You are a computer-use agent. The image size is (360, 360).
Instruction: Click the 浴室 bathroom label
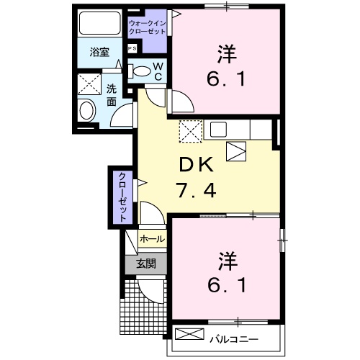pos(99,52)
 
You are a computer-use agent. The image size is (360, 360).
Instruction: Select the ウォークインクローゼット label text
pos(148,27)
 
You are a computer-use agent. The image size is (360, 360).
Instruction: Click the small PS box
pos(132,48)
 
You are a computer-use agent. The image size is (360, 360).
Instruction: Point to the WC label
pos(159,71)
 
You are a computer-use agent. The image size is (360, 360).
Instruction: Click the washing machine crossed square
pos(91,84)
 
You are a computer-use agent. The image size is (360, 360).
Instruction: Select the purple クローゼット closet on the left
pos(122,196)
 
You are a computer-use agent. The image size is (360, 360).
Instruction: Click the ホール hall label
pos(151,238)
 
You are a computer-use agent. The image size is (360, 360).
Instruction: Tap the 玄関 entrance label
pos(146,264)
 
